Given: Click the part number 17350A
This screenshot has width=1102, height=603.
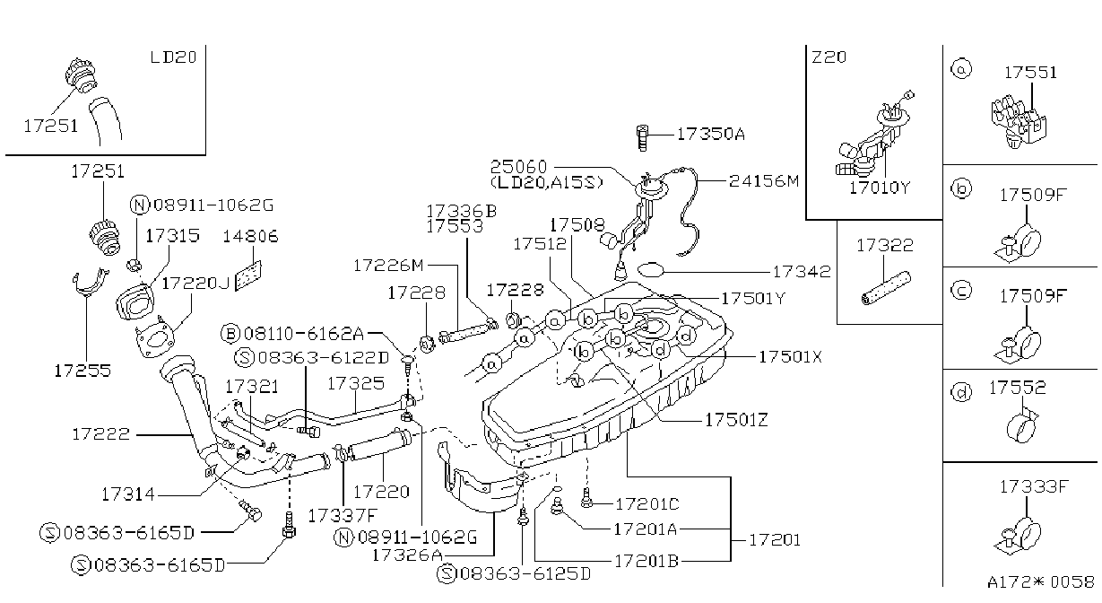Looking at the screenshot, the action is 711,134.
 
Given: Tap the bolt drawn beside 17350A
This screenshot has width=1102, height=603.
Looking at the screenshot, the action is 642,138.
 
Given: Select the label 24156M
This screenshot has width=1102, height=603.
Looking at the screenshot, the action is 764,181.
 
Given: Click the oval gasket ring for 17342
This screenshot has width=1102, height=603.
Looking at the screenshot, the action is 651,270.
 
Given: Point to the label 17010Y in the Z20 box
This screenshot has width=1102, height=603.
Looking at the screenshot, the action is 881,188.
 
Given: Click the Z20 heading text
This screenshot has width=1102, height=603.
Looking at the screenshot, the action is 829,57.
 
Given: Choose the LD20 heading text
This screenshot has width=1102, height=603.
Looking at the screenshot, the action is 173,57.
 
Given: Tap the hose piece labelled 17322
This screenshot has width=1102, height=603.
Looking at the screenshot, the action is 886,287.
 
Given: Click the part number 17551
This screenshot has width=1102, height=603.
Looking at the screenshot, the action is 1030,73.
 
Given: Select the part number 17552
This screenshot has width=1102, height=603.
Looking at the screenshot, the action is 1018,388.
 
